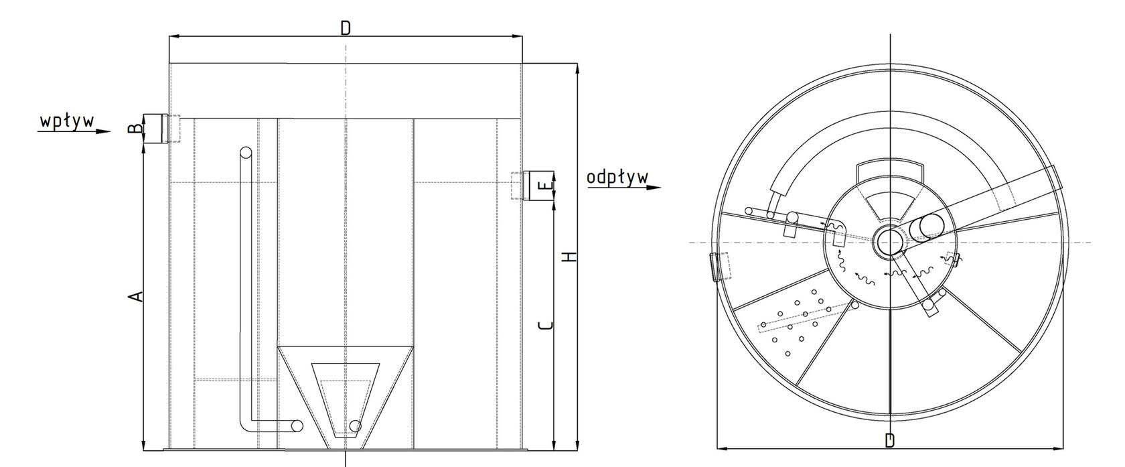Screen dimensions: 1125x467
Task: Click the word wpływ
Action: pos(67,123)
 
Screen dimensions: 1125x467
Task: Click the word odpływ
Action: pos(617,178)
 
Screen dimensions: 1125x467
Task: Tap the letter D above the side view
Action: pos(345,29)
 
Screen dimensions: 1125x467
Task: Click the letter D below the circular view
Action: pos(889,441)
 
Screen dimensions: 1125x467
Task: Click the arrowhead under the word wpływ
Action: pos(103,132)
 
